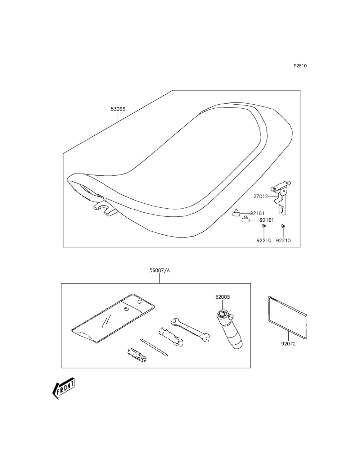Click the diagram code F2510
point(300,66)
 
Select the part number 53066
point(118,108)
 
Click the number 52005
point(222,297)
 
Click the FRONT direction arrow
point(63,388)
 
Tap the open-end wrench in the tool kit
point(191,329)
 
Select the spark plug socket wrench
point(172,337)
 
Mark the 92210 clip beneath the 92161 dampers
point(264,226)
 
